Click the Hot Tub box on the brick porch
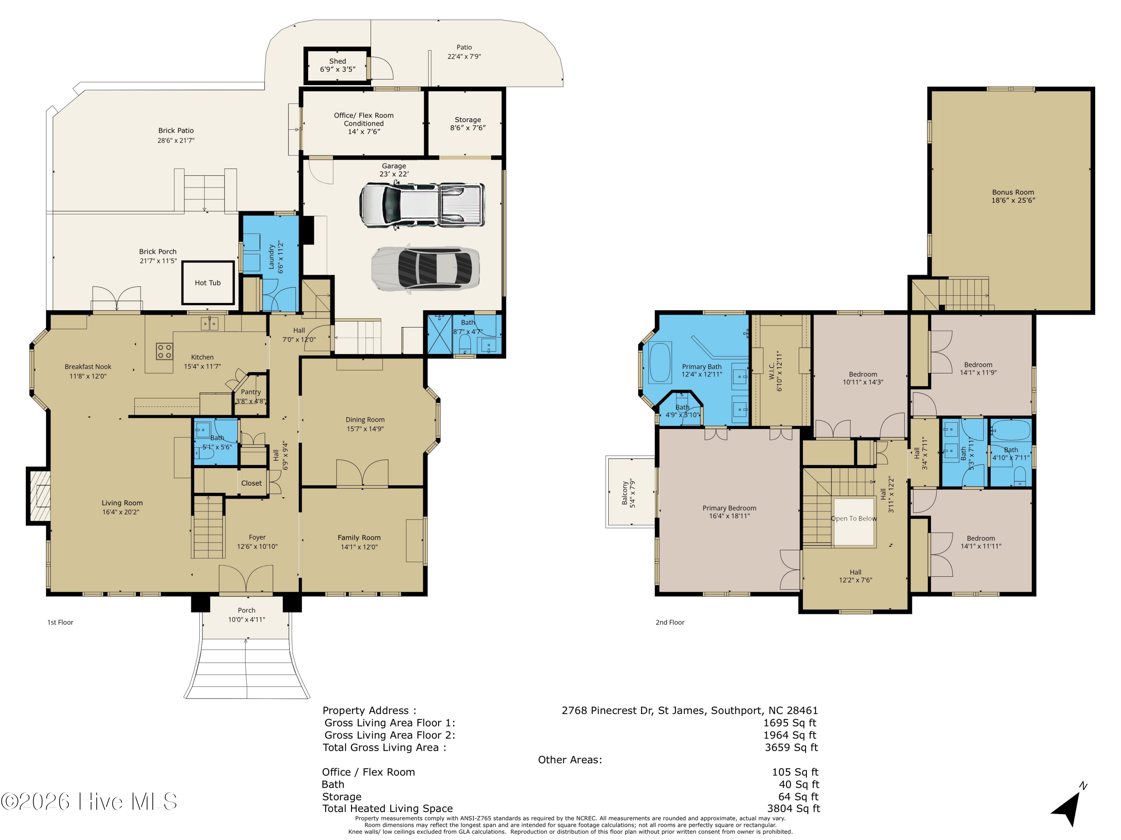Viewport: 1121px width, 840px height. [208, 283]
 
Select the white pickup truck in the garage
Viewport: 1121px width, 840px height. [421, 205]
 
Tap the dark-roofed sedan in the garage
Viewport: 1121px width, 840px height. [425, 268]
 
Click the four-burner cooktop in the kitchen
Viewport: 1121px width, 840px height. [164, 351]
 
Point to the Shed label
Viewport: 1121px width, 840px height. [337, 61]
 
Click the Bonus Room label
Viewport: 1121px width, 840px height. [1013, 192]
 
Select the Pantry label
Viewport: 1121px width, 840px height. [251, 392]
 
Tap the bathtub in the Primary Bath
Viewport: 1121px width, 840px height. [660, 363]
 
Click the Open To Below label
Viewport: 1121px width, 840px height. [854, 519]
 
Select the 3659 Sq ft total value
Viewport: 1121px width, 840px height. [791, 747]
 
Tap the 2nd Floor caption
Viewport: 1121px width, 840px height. [670, 622]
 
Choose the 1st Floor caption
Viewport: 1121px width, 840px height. [60, 622]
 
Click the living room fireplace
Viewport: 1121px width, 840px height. [39, 496]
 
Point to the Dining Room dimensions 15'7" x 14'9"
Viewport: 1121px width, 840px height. [365, 429]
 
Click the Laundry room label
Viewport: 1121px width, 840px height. [272, 257]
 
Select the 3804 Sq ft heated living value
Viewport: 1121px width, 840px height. [793, 809]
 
